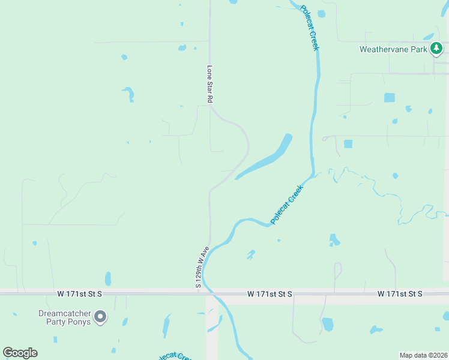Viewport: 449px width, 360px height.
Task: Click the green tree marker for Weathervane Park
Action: coord(437,49)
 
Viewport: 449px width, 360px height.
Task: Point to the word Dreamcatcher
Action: coord(65,313)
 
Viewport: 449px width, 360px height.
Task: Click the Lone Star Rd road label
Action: coord(210,85)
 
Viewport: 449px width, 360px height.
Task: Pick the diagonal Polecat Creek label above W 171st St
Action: coord(288,205)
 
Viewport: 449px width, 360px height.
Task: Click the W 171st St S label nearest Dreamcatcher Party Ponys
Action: coord(80,294)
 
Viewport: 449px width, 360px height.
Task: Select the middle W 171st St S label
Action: coord(269,294)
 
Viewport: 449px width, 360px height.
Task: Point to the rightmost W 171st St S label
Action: coord(400,294)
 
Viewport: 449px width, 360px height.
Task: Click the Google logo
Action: coord(20,352)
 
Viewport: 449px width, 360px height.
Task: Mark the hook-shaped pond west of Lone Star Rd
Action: coord(129,94)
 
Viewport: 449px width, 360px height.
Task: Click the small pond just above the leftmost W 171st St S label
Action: coord(108,279)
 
